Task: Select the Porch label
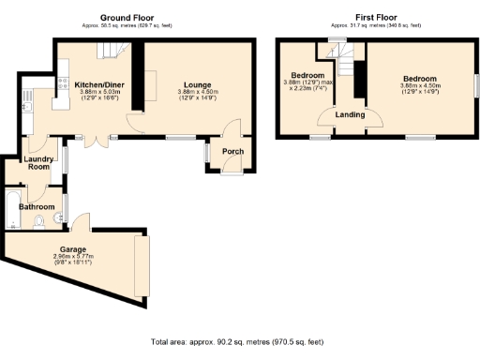coord(232,153)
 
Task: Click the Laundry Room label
coord(38,163)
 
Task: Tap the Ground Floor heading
coord(127,17)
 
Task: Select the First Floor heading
coord(378,17)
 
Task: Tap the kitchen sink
coord(28,106)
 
